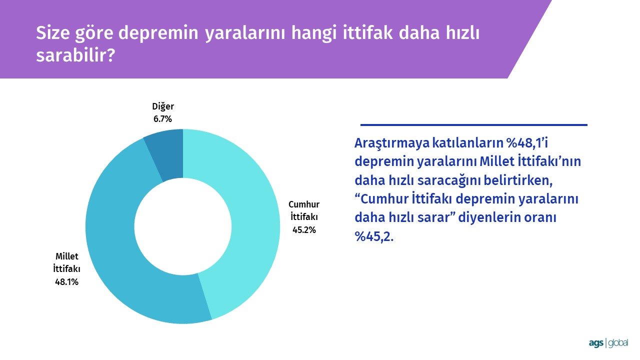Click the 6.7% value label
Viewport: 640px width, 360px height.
162,119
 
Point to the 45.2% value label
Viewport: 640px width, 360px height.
304,229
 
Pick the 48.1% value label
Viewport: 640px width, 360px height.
66,282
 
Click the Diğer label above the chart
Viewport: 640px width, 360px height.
163,106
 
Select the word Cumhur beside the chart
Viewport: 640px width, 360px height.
304,204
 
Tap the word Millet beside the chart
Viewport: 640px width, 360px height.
67,256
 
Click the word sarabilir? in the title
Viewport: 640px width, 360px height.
75,55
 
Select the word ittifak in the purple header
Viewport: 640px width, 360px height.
367,32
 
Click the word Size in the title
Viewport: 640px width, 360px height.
53,32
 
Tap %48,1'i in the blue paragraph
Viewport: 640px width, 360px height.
527,143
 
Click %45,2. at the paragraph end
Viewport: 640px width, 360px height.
374,236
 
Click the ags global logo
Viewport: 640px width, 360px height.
608,343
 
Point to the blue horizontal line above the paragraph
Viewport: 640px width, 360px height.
473,125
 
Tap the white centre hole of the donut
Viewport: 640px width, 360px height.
183,226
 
